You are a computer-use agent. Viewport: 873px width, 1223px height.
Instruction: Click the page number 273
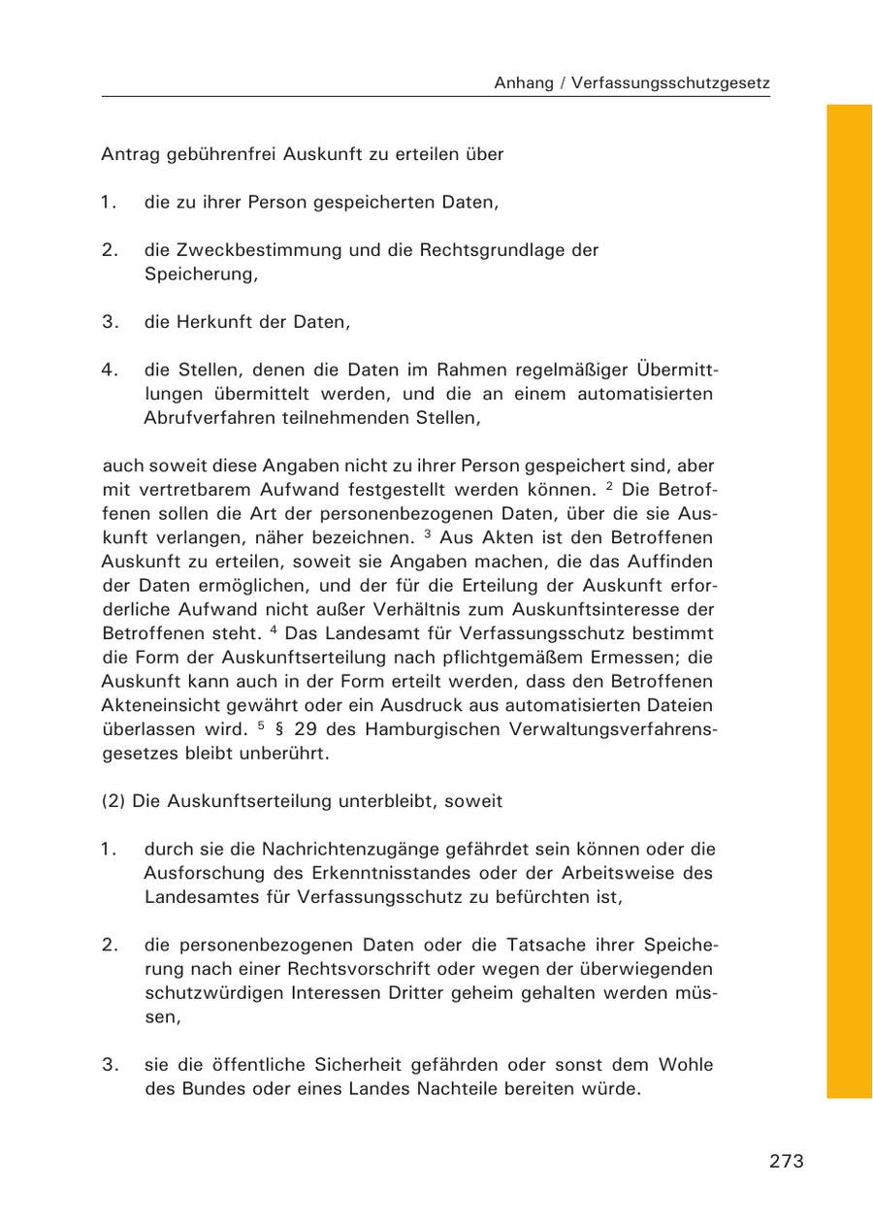[x=787, y=1161]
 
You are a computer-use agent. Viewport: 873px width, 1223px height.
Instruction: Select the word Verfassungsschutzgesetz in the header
[x=670, y=83]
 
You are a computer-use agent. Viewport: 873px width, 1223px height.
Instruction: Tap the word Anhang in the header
[x=523, y=83]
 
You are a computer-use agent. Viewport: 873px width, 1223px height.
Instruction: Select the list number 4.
[x=109, y=370]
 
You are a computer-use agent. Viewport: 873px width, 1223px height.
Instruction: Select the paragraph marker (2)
[x=113, y=801]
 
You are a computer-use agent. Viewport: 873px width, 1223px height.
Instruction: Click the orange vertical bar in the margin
[x=849, y=601]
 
